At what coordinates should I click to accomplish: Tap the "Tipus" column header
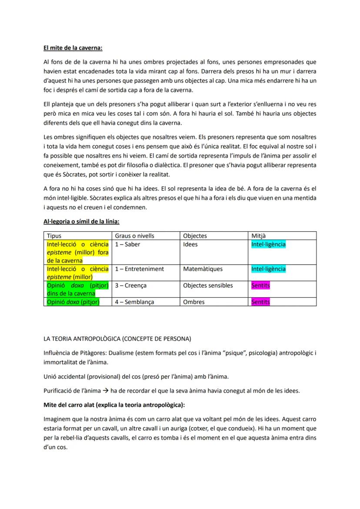[x=54, y=236]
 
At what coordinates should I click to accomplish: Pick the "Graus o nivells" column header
[x=134, y=236]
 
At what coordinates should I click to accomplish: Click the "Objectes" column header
[x=195, y=236]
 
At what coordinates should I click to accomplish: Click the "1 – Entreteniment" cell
[x=140, y=269]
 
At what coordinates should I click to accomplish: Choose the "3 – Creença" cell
[x=131, y=286]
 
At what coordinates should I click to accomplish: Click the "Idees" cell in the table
[x=190, y=244]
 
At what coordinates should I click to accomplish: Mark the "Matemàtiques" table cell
[x=203, y=269]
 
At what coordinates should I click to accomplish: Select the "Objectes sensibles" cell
[x=208, y=286]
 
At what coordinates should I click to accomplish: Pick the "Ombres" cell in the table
[x=194, y=302]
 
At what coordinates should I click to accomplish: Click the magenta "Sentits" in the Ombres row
[x=260, y=302]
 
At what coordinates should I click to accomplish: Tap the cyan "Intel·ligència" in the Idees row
[x=268, y=244]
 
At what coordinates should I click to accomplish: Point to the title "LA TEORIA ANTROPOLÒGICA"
[x=117, y=338]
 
